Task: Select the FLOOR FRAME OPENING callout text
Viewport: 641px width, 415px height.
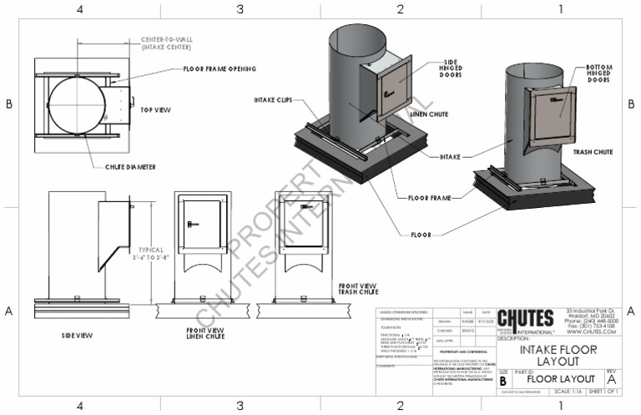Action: coord(219,68)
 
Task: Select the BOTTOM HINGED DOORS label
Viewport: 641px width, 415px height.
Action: coord(600,73)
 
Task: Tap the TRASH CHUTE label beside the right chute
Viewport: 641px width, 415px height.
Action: coord(594,153)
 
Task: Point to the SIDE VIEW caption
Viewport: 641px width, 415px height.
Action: coord(76,335)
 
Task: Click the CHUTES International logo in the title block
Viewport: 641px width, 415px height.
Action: coord(525,321)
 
